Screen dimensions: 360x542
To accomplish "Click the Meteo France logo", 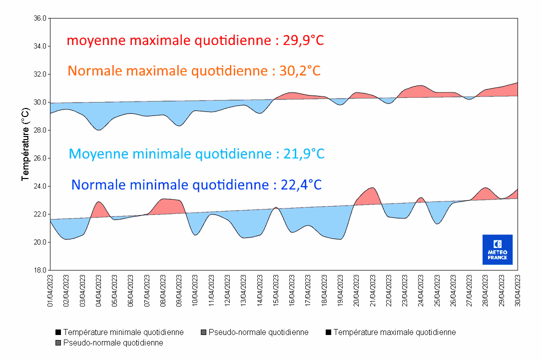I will tap(497, 249).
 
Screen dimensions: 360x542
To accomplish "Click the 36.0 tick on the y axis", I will tap(39, 18).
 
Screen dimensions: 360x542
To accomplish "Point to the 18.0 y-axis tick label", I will tap(39, 270).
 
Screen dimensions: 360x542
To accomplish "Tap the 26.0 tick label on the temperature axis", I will tap(39, 158).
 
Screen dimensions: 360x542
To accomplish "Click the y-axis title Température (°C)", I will tap(25, 144).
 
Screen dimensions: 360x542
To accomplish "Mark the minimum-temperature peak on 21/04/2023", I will tap(372, 188).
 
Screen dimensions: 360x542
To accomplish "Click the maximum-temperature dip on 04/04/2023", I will tap(99, 130).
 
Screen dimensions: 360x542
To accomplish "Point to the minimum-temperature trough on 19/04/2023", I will tap(340, 239).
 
